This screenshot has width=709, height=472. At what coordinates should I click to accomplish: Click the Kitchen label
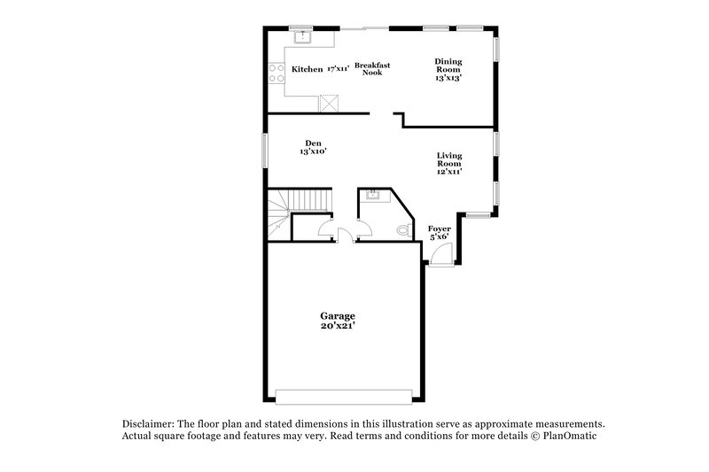pos(307,69)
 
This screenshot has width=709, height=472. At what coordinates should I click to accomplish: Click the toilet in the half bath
pos(403,231)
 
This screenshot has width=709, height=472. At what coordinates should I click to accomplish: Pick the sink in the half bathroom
pos(371,195)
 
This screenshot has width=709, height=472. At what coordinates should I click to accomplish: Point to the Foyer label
pos(440,228)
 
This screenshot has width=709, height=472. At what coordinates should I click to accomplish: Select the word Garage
pos(338,316)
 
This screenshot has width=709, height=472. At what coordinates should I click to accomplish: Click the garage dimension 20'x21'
pos(338,326)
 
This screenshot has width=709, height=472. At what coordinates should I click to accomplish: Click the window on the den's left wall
pos(265,148)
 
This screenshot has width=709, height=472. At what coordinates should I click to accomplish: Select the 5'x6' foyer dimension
pos(440,237)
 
